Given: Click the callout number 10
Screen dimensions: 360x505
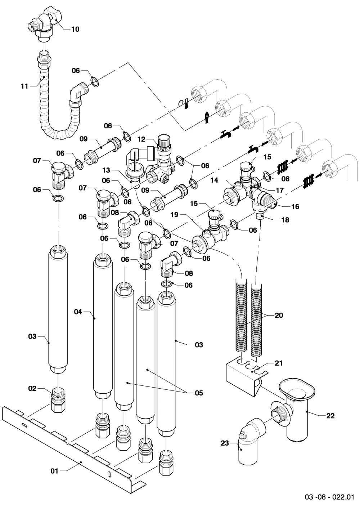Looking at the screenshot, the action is click(x=75, y=29).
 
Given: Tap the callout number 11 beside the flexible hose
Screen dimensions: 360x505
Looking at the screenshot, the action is click(x=24, y=86).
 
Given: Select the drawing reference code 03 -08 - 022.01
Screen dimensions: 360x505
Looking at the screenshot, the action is click(x=329, y=497).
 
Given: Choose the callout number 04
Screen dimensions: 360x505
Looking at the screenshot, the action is click(x=78, y=312).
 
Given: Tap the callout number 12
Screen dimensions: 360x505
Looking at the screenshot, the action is click(x=141, y=139).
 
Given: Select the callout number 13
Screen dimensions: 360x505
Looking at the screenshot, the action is click(x=106, y=170).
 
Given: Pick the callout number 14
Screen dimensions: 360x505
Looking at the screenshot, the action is click(x=215, y=180).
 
